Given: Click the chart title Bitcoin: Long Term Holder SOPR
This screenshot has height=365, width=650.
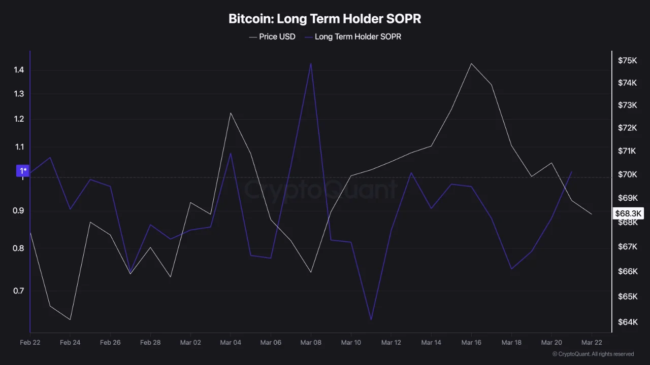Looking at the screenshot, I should [324, 19].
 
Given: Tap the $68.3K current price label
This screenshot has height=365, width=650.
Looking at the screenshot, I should [629, 213].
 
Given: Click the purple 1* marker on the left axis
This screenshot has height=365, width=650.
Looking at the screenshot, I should [23, 171].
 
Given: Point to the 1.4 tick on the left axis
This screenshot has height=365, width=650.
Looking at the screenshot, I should [19, 70].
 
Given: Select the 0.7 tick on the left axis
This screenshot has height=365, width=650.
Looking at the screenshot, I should [19, 290].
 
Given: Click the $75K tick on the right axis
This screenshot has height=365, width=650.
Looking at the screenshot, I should [627, 60].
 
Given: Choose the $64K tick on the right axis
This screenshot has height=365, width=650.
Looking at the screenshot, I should [627, 322].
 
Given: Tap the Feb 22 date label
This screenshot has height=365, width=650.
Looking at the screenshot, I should [30, 343].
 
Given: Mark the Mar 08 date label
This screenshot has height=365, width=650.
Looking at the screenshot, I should [311, 343].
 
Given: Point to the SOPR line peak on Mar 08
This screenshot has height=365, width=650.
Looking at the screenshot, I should [311, 63].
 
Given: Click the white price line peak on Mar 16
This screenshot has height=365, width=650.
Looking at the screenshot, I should [471, 63].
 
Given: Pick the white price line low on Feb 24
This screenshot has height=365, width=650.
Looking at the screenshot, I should [70, 319].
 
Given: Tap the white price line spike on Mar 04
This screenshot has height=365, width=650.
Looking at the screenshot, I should [231, 113].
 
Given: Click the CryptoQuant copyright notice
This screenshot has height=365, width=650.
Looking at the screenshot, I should [593, 354].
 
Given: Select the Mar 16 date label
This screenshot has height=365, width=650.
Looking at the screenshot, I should [471, 343].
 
